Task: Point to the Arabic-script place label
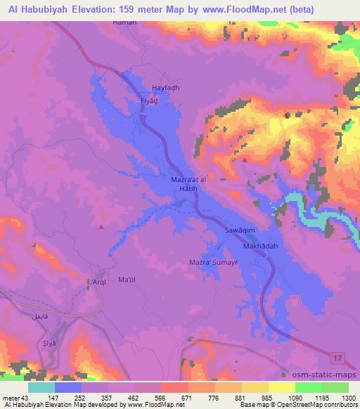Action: click(39, 318)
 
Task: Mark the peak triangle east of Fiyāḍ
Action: click(244, 160)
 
